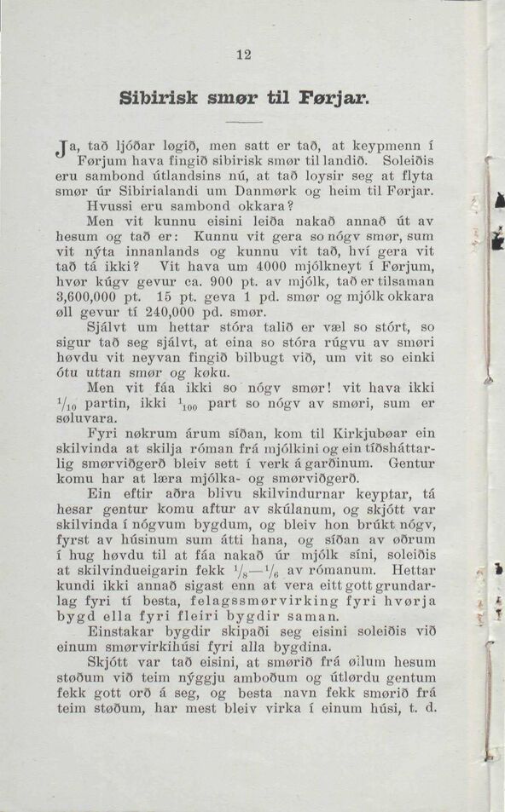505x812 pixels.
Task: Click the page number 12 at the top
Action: tap(245, 55)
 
